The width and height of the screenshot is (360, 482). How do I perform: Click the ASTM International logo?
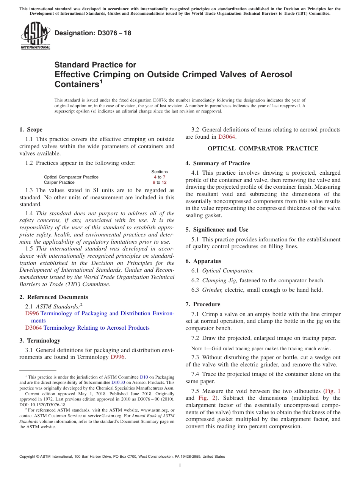tap(35, 36)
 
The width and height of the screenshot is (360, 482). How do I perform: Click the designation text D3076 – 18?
tap(93, 33)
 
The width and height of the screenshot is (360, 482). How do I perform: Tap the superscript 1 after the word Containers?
tap(101, 82)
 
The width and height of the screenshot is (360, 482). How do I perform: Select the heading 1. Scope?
tap(31, 130)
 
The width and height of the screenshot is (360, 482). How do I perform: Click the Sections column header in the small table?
tap(160, 172)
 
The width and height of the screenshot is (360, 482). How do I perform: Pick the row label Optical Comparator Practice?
tap(71, 177)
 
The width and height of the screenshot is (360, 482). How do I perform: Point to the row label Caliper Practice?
tap(59, 182)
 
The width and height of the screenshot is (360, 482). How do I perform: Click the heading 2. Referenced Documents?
tap(53, 297)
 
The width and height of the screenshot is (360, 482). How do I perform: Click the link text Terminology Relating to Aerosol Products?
tap(97, 328)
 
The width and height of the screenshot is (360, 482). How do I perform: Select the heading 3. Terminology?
tap(40, 341)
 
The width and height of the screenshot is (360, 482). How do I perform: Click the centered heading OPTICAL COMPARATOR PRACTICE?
tap(263, 149)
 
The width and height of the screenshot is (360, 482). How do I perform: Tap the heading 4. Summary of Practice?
tap(218, 163)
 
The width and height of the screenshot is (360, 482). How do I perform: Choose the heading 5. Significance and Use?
tap(217, 230)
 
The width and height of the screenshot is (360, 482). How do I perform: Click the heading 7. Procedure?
tap(203, 304)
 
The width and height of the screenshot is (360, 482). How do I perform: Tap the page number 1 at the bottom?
tap(180, 466)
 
